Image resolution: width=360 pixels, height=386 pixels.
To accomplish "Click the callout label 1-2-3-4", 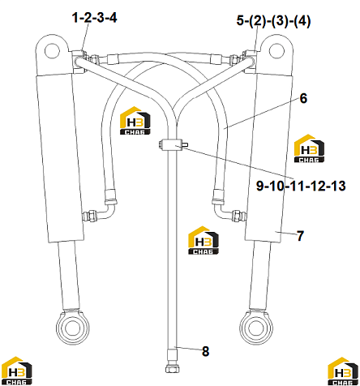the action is point(94,18).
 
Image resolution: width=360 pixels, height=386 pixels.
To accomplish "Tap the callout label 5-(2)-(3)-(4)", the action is point(273,21).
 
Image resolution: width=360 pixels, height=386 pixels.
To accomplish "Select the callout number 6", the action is point(303,98).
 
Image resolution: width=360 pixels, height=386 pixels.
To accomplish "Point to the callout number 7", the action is point(300,236).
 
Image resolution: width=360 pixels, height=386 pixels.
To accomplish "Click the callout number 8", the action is point(206,351).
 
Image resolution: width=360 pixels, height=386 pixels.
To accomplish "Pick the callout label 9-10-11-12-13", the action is point(301,186).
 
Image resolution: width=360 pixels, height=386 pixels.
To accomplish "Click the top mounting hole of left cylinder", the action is point(52,51).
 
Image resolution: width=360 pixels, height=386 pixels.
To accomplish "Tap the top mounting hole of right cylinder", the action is point(276,50).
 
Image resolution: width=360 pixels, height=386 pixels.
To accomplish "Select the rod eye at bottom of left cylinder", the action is point(72,328).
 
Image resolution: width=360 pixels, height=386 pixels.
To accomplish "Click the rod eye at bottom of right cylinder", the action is point(256,328).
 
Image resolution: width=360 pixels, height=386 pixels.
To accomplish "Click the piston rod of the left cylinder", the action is point(69,275).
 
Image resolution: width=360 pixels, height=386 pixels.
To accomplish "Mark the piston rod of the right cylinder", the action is point(259,275).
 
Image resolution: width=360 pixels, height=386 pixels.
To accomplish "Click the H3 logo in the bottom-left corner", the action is point(17,371).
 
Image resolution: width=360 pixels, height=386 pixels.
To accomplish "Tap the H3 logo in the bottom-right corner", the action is point(343,371).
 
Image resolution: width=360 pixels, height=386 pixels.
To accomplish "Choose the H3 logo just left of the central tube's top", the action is point(135,121).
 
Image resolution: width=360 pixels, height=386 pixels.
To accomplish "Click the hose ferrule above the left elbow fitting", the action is point(111,196).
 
